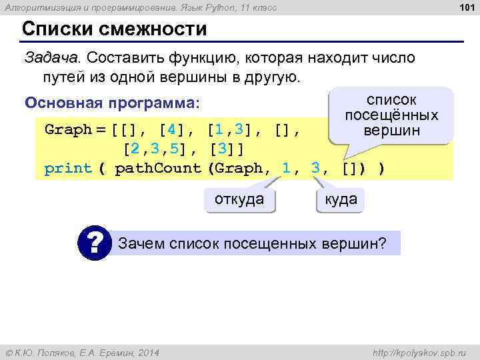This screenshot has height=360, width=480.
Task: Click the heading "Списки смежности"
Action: pyautogui.click(x=114, y=30)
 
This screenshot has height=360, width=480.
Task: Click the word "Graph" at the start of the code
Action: pyautogui.click(x=68, y=129)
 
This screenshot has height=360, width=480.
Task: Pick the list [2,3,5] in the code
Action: pyautogui.click(x=160, y=148)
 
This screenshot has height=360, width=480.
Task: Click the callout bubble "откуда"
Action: pyautogui.click(x=239, y=199)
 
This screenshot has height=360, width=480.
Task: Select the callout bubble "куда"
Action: pyautogui.click(x=340, y=199)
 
